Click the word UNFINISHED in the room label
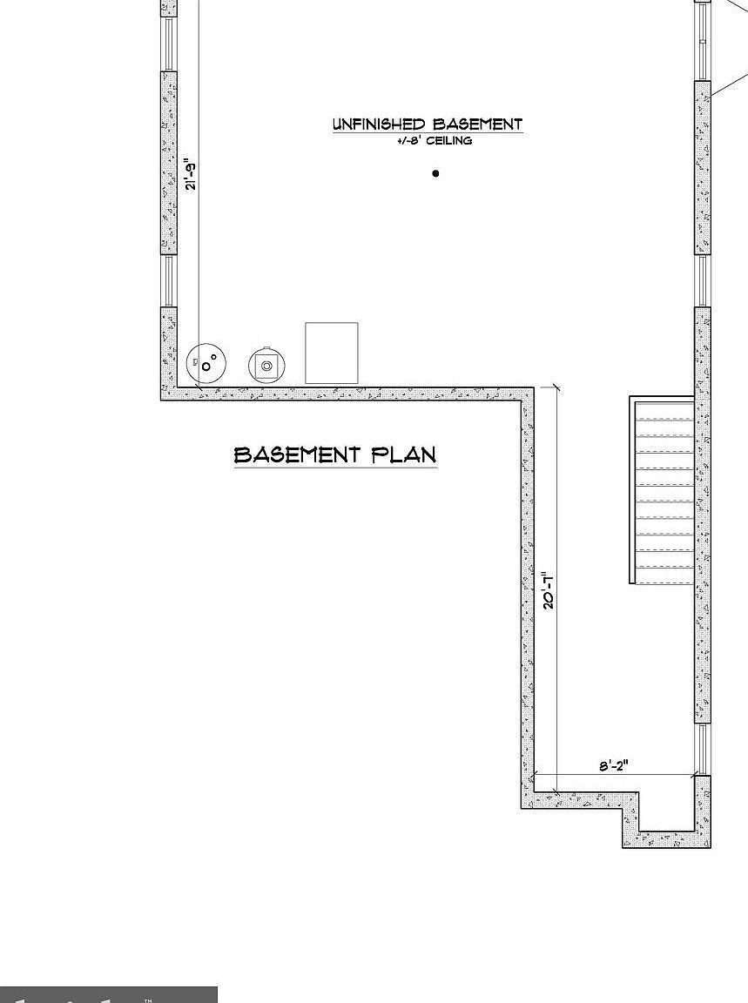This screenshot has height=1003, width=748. (x=379, y=125)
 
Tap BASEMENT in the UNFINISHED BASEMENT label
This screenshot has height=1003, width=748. (x=477, y=125)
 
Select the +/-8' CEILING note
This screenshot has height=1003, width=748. (x=434, y=141)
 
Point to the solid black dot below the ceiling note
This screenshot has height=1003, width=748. (x=435, y=173)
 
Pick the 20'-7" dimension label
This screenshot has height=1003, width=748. (x=549, y=590)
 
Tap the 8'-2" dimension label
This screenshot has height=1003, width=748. (x=613, y=766)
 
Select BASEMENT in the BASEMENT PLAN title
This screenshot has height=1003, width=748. (x=297, y=454)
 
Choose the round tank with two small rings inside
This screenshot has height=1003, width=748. (x=207, y=362)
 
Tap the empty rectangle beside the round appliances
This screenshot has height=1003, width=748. (x=331, y=353)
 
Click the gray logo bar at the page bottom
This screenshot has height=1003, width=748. (x=108, y=994)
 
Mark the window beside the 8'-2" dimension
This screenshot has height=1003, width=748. (x=702, y=749)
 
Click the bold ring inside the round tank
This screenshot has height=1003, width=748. (x=206, y=367)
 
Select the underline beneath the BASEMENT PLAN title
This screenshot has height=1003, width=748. (x=335, y=468)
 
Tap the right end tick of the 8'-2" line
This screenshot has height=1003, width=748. (x=694, y=775)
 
